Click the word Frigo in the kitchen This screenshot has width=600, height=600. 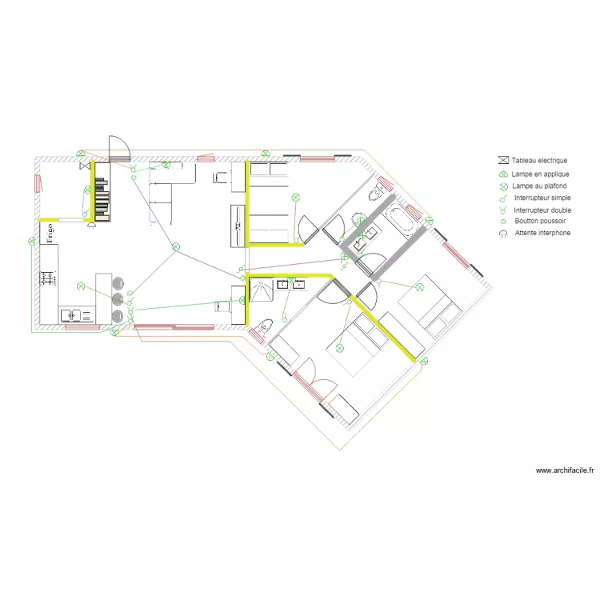[x=50, y=233]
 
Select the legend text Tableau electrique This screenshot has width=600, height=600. [x=539, y=160]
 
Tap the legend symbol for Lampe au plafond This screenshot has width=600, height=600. [x=503, y=186]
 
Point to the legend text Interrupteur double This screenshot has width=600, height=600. [x=542, y=210]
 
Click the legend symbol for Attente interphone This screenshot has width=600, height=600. [x=503, y=234]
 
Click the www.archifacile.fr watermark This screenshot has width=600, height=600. [x=565, y=470]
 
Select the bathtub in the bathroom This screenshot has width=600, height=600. [x=400, y=219]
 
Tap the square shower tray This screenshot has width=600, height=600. [x=262, y=290]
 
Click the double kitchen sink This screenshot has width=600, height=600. [x=78, y=316]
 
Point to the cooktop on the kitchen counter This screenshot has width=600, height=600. [x=48, y=278]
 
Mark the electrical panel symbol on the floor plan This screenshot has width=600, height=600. [x=85, y=166]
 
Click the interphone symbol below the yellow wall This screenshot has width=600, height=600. [x=91, y=225]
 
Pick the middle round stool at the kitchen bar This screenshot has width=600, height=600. [x=118, y=299]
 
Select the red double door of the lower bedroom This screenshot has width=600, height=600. [x=314, y=380]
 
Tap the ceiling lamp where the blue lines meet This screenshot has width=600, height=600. [x=176, y=247]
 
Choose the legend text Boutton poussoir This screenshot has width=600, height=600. [x=540, y=221]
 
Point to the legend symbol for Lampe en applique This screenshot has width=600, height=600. [x=503, y=174]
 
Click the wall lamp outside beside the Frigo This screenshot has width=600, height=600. [x=32, y=241]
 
